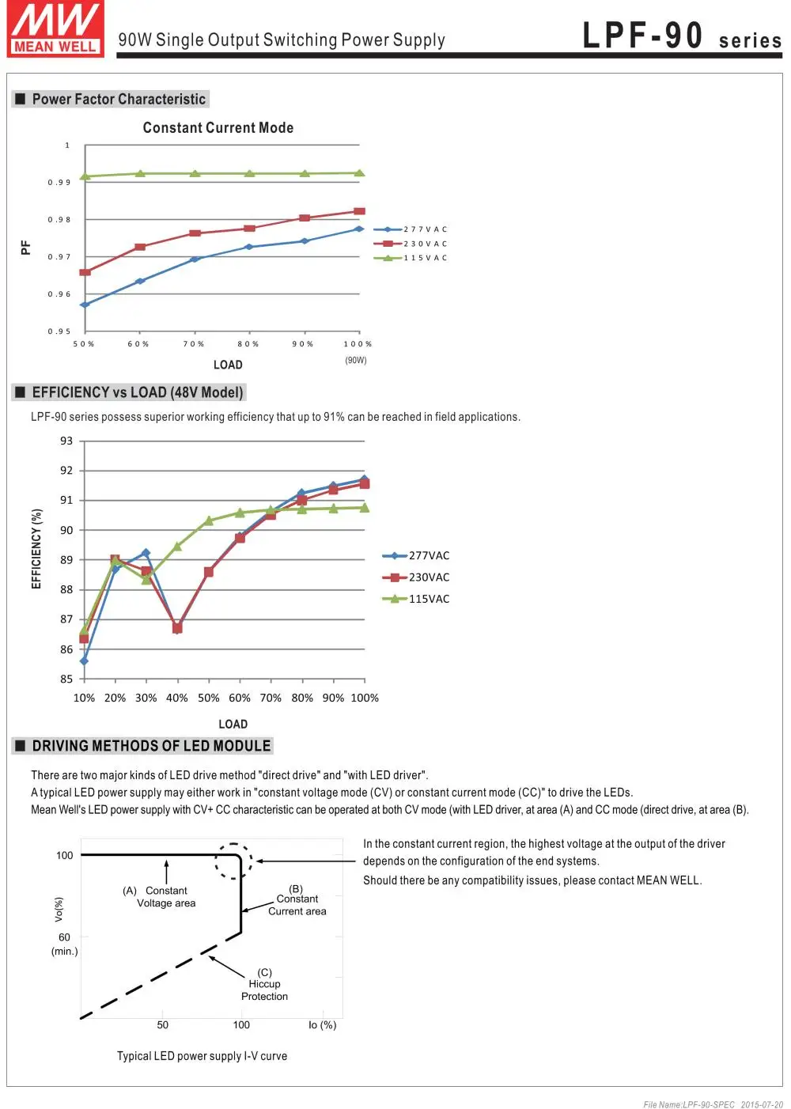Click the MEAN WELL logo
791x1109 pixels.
point(55,28)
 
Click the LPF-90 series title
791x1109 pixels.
point(681,36)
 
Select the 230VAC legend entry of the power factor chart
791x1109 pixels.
point(411,244)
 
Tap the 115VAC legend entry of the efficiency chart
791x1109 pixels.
point(416,599)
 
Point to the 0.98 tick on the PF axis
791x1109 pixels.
point(59,219)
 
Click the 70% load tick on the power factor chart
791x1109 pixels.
point(194,343)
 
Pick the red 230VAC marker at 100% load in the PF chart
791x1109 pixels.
point(359,211)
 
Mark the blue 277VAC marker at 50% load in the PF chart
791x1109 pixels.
point(85,305)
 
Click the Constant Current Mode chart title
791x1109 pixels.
point(218,127)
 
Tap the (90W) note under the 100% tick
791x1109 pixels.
point(355,360)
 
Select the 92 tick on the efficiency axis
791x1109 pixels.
point(66,471)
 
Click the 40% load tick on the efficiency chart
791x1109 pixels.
point(176,698)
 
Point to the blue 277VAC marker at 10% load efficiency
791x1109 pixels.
point(84,661)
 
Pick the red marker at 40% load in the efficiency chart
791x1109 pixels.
point(177,628)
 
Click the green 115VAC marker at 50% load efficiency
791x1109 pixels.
point(208,520)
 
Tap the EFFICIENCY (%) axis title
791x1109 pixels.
point(36,548)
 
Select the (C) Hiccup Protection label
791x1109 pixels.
point(264,984)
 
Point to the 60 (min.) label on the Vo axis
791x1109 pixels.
point(64,944)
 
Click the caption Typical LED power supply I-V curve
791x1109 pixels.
point(202,1056)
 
